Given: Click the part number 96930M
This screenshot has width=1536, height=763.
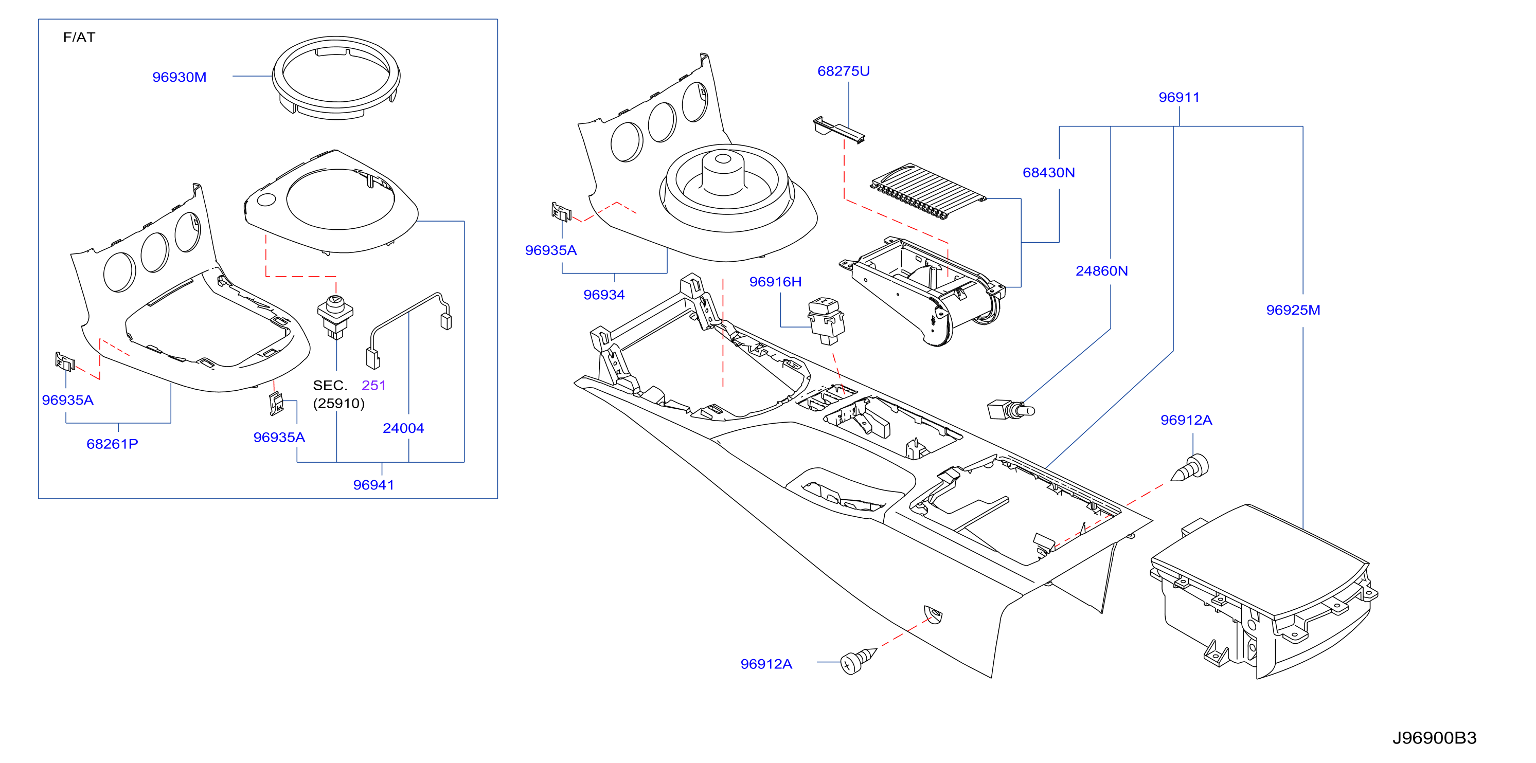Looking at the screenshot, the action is [x=179, y=77].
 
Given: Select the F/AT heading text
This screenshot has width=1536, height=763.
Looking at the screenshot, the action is [x=79, y=38].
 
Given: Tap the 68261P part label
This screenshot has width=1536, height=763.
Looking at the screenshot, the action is [x=112, y=444].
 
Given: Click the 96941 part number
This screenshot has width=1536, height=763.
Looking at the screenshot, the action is [x=373, y=485].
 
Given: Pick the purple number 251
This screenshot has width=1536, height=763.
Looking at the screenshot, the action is [x=374, y=386].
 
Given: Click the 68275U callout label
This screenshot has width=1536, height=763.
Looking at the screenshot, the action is [x=843, y=71].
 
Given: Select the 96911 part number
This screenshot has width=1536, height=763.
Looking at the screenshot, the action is [x=1179, y=97].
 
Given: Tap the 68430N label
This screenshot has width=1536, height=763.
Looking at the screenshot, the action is [x=1049, y=173].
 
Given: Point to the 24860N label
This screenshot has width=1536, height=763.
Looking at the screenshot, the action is [x=1101, y=271].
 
